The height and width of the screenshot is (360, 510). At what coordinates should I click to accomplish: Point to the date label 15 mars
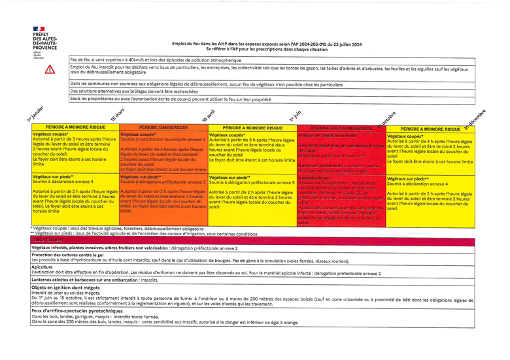click(x=118, y=115)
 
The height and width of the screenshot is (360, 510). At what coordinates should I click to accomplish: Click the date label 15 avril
click(x=208, y=115)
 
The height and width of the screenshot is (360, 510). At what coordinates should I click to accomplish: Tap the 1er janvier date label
click(x=35, y=113)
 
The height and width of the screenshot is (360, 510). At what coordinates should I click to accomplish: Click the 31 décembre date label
click(x=475, y=115)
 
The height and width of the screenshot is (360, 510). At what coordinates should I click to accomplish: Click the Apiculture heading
click(x=42, y=267)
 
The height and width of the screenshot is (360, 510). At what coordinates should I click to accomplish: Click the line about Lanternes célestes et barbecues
click(x=94, y=280)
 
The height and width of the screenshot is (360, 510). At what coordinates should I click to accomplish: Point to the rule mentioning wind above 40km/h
click(x=156, y=59)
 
